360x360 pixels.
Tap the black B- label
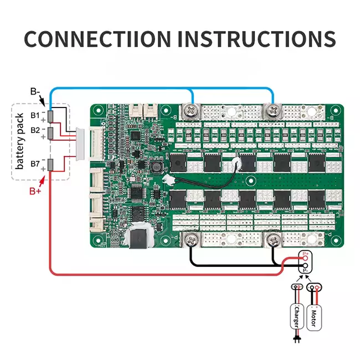tap(35, 92)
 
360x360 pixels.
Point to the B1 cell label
tap(35, 116)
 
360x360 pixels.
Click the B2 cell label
tap(35, 130)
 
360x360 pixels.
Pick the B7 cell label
tap(35, 164)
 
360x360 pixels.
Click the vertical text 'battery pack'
tap(20, 141)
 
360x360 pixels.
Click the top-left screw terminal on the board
tap(191, 111)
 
